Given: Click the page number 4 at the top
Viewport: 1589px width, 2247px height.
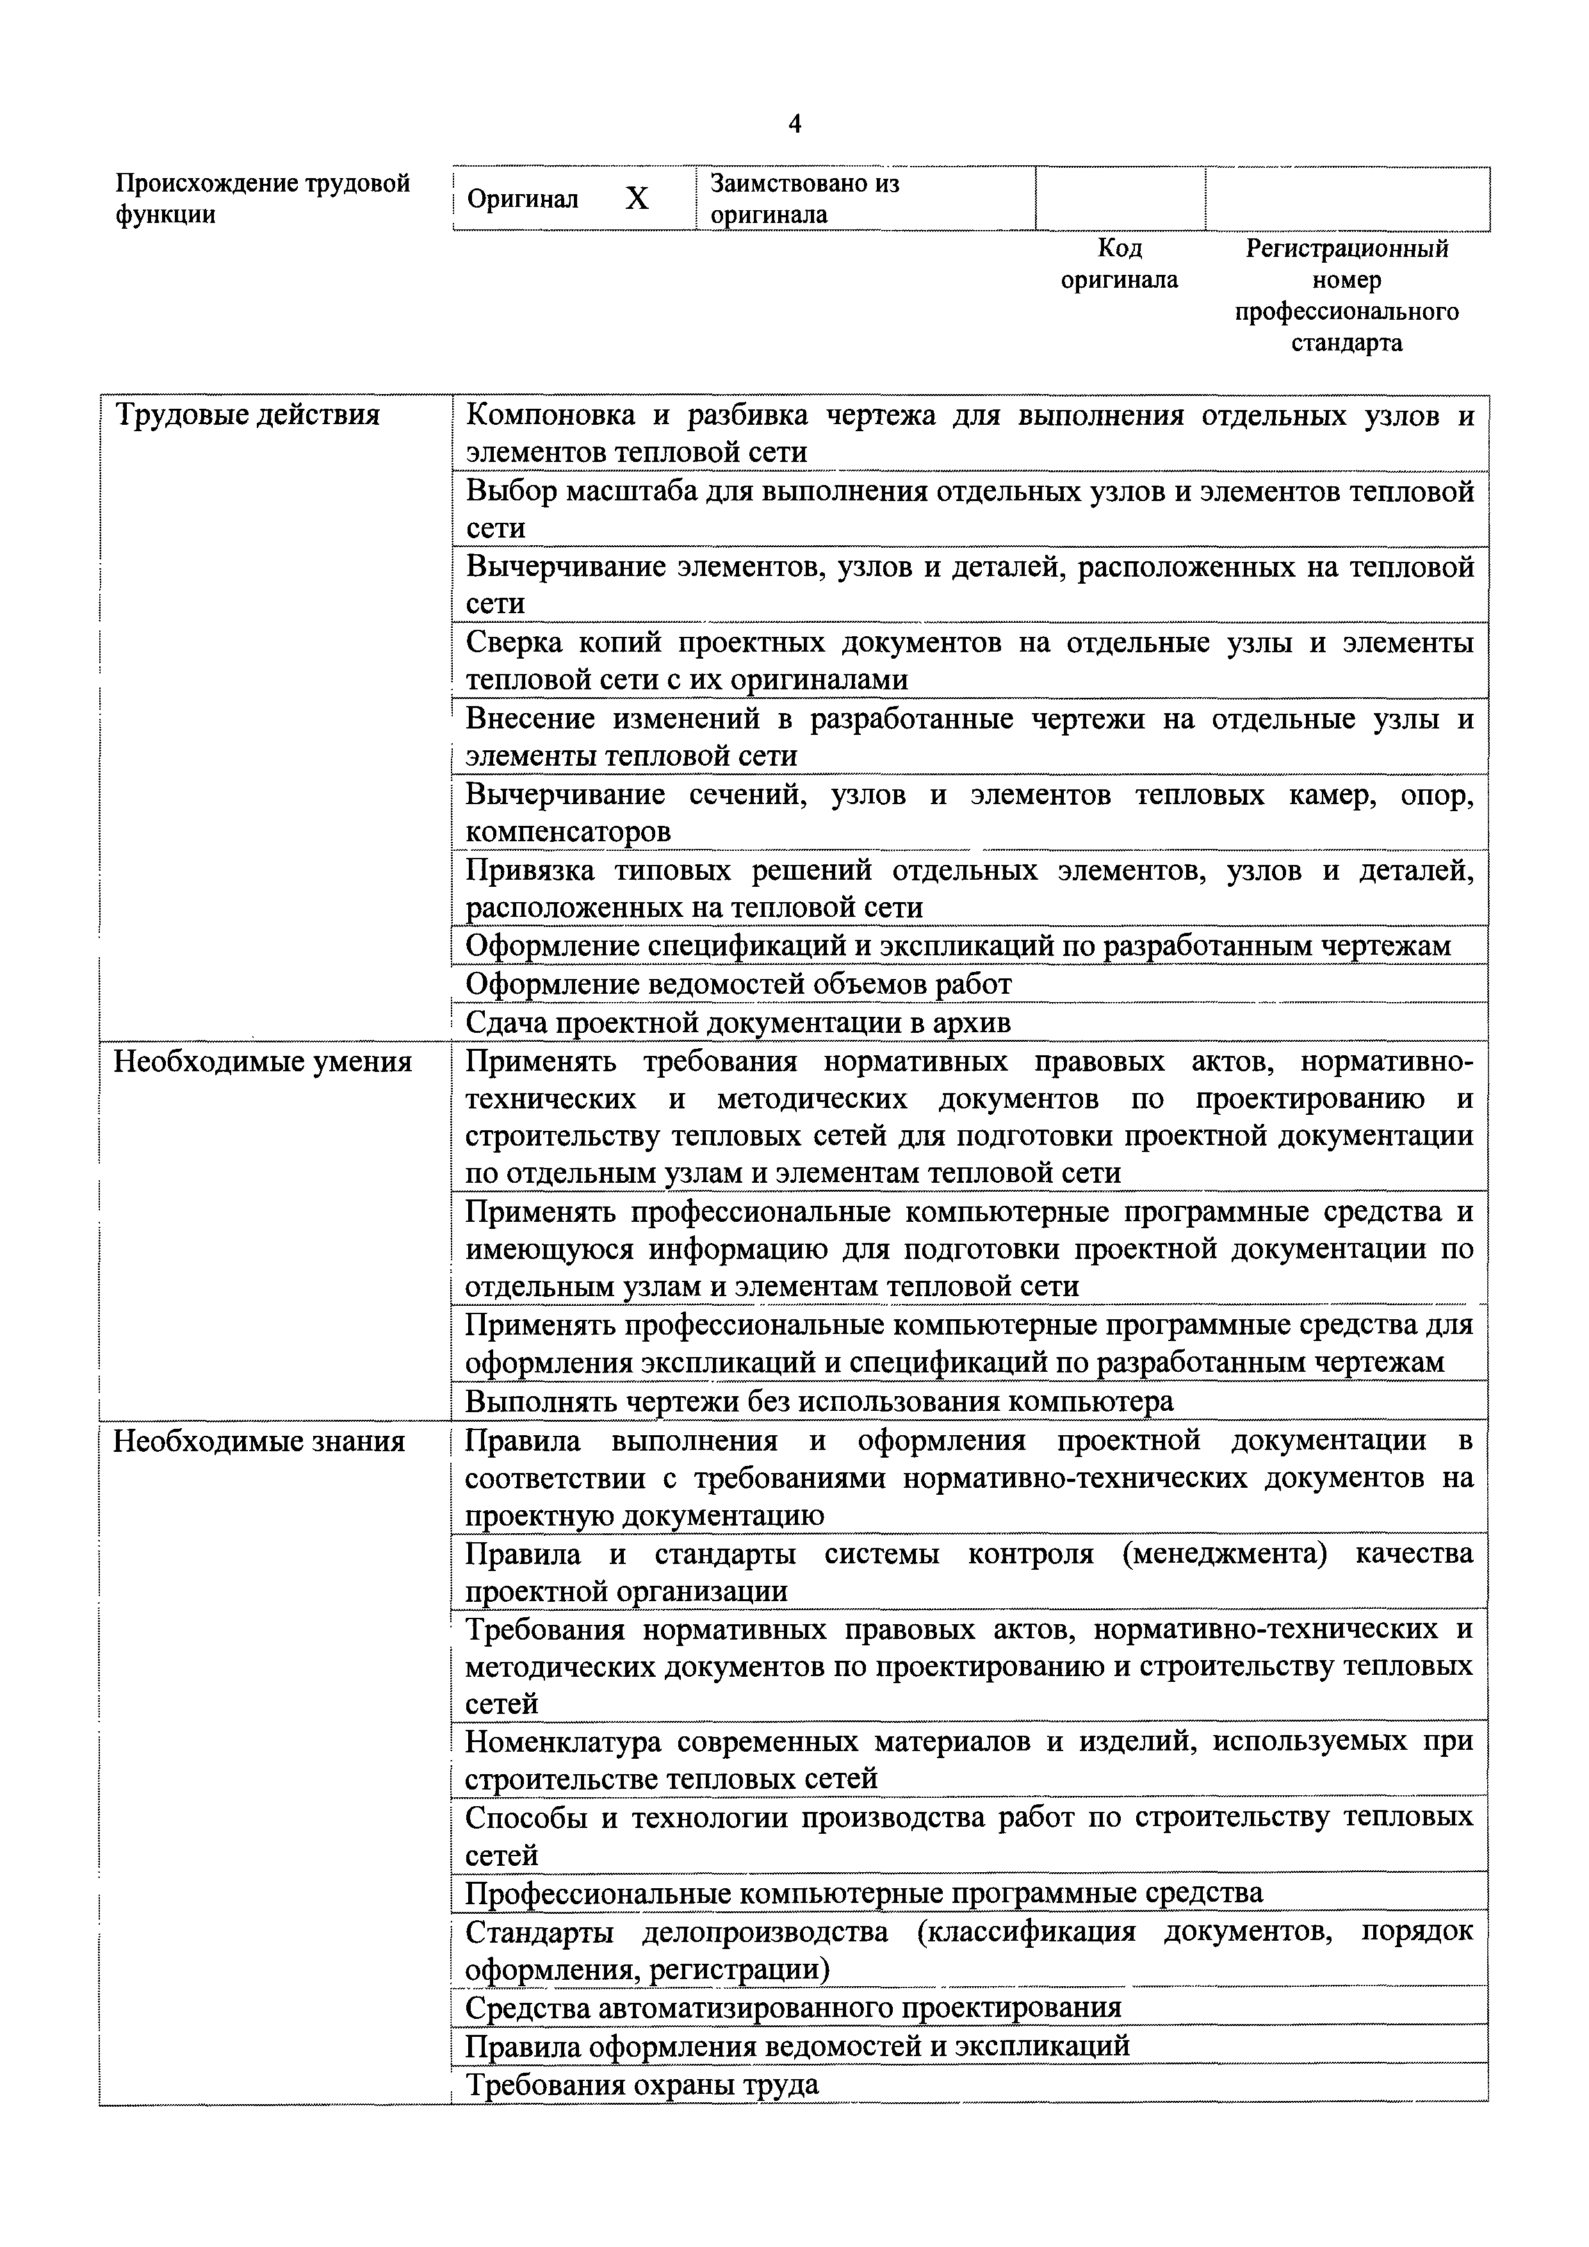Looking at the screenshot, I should click(x=794, y=124).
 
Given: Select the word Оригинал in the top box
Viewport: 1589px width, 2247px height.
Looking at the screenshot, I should click(x=523, y=200).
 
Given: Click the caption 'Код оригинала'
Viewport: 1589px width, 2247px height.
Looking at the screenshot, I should click(x=1120, y=264).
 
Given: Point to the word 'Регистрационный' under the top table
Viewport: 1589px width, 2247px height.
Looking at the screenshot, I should click(x=1346, y=249).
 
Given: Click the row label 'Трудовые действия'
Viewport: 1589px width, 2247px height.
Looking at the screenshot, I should click(x=248, y=415).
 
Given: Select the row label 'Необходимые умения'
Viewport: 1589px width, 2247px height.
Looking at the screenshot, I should click(x=262, y=1062).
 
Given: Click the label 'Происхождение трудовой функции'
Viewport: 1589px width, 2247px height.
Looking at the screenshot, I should click(x=262, y=199).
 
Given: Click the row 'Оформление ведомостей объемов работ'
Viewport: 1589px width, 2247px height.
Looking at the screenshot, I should click(x=738, y=984).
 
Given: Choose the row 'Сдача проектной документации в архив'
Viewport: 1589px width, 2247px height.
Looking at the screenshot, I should click(x=738, y=1023).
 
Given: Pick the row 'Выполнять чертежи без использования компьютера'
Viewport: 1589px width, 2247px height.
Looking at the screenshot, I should click(x=819, y=1401).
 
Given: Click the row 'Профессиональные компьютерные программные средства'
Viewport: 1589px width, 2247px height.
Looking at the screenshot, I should click(x=864, y=1893).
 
